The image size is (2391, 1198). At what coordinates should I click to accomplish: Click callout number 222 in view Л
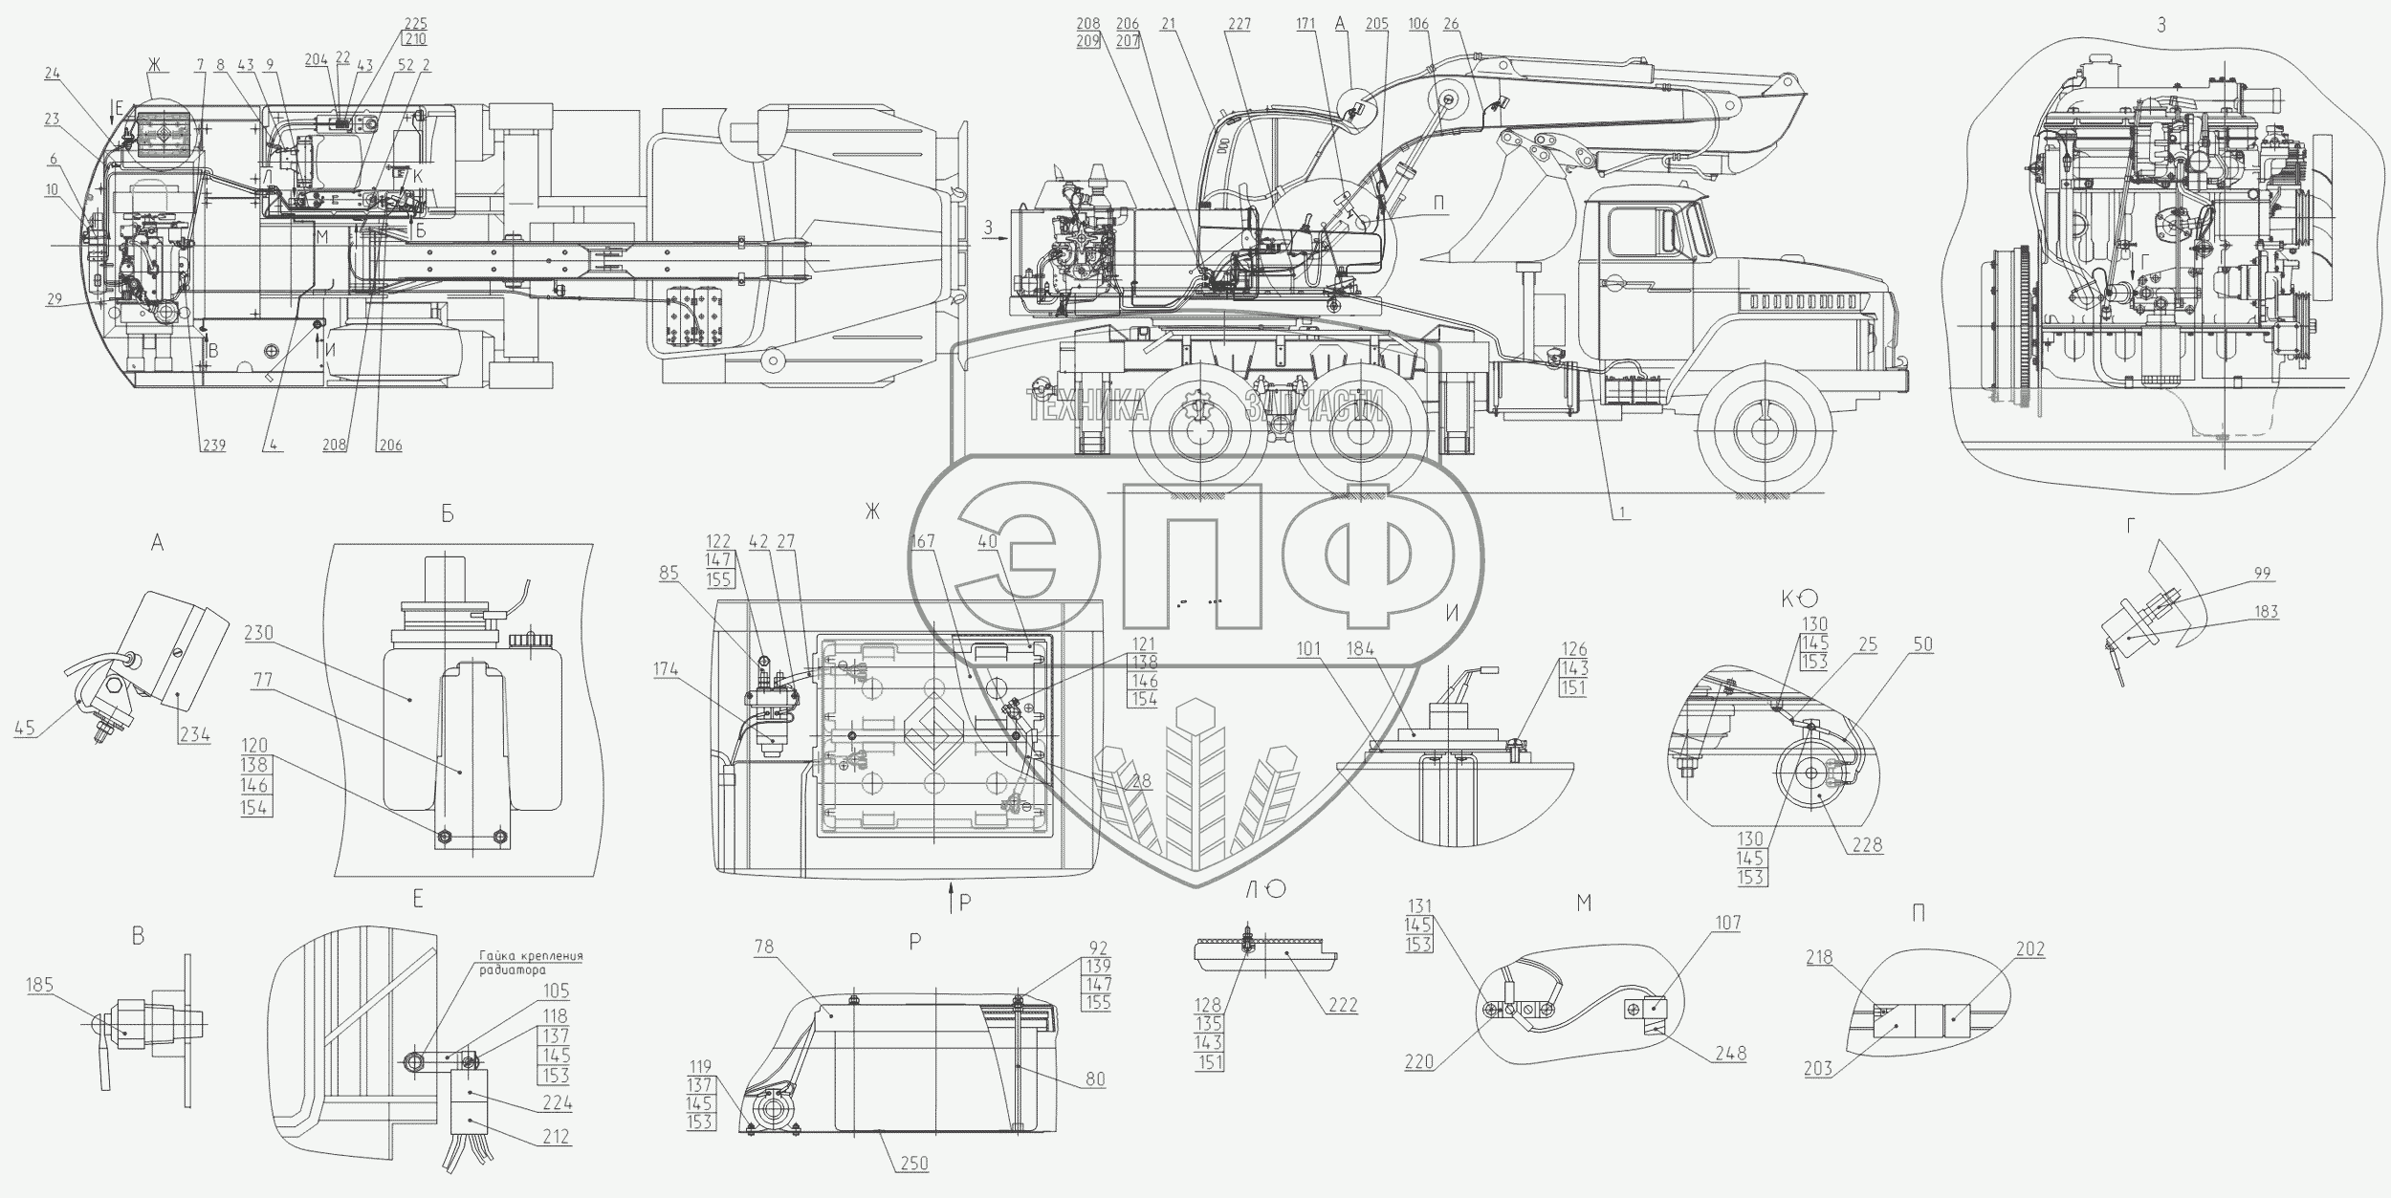point(1343,1006)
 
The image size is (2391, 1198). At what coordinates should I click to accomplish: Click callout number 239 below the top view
point(213,445)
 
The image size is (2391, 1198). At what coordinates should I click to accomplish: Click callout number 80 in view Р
point(1094,1079)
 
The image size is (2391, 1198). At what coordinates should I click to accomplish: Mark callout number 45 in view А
point(25,729)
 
